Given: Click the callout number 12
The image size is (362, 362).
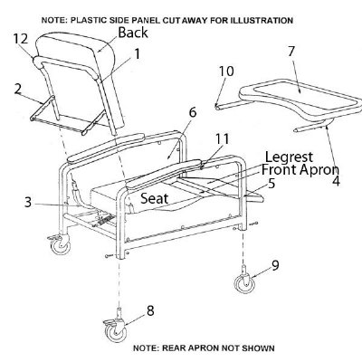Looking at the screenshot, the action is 21,39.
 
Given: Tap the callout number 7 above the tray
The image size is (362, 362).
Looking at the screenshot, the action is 291,52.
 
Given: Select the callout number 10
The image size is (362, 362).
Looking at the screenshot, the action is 226,71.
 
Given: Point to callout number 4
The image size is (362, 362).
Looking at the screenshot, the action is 336,181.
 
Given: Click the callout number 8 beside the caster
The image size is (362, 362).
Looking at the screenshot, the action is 150,310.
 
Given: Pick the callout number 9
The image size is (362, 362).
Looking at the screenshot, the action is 275,265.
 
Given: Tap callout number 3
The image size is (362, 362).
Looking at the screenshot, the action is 28,203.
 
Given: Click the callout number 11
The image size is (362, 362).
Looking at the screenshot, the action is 222,139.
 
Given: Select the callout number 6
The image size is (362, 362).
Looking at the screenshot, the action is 193,112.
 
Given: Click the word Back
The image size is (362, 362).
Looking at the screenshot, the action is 133,33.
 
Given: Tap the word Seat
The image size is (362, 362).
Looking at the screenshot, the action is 155,198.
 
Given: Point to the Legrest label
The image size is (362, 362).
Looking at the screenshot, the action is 289,157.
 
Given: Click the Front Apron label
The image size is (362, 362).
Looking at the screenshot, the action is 300,170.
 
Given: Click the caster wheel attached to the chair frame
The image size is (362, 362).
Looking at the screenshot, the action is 60,245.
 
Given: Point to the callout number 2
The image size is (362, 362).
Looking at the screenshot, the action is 18,90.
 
